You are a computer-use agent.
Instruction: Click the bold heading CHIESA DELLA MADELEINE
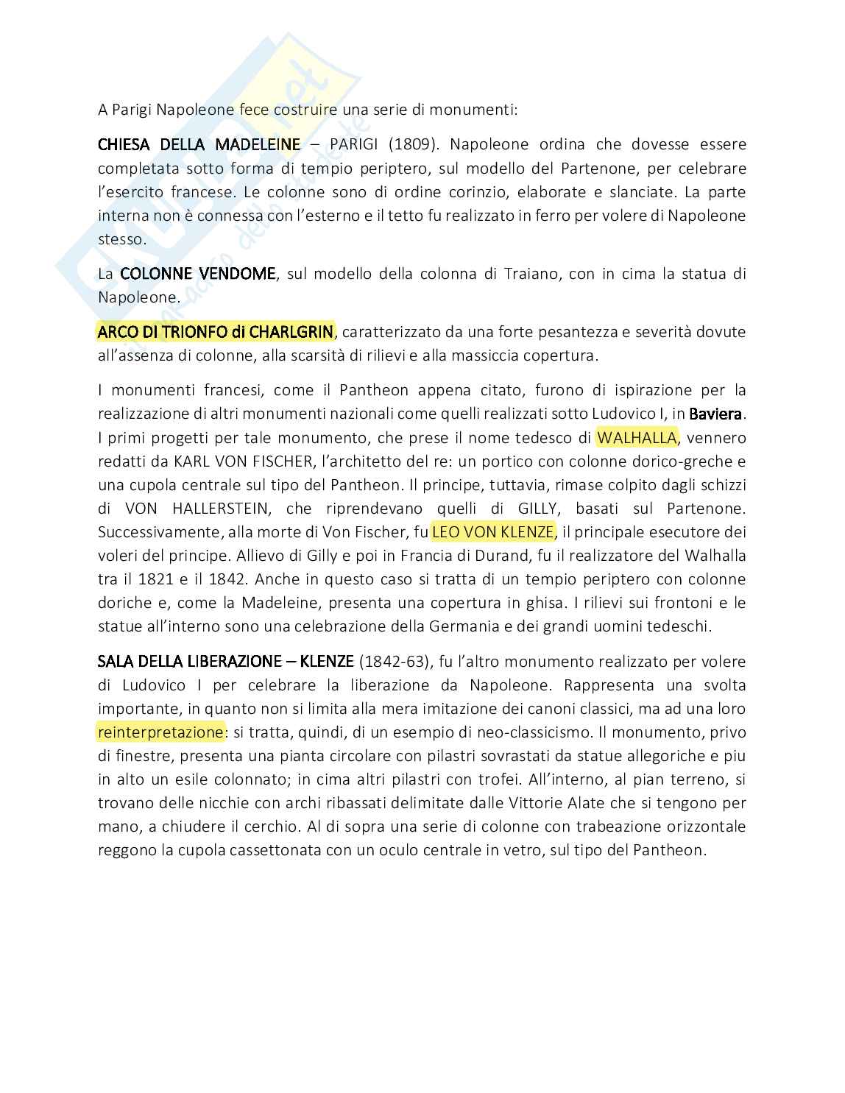[199, 144]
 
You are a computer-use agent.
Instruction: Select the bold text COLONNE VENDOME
[197, 274]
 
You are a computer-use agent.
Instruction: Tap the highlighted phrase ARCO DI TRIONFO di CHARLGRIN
[216, 332]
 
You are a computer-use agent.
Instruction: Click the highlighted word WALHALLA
[637, 438]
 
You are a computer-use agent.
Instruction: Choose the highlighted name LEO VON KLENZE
[492, 532]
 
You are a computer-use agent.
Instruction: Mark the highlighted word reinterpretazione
[160, 732]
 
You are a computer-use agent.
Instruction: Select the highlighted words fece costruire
[288, 110]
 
